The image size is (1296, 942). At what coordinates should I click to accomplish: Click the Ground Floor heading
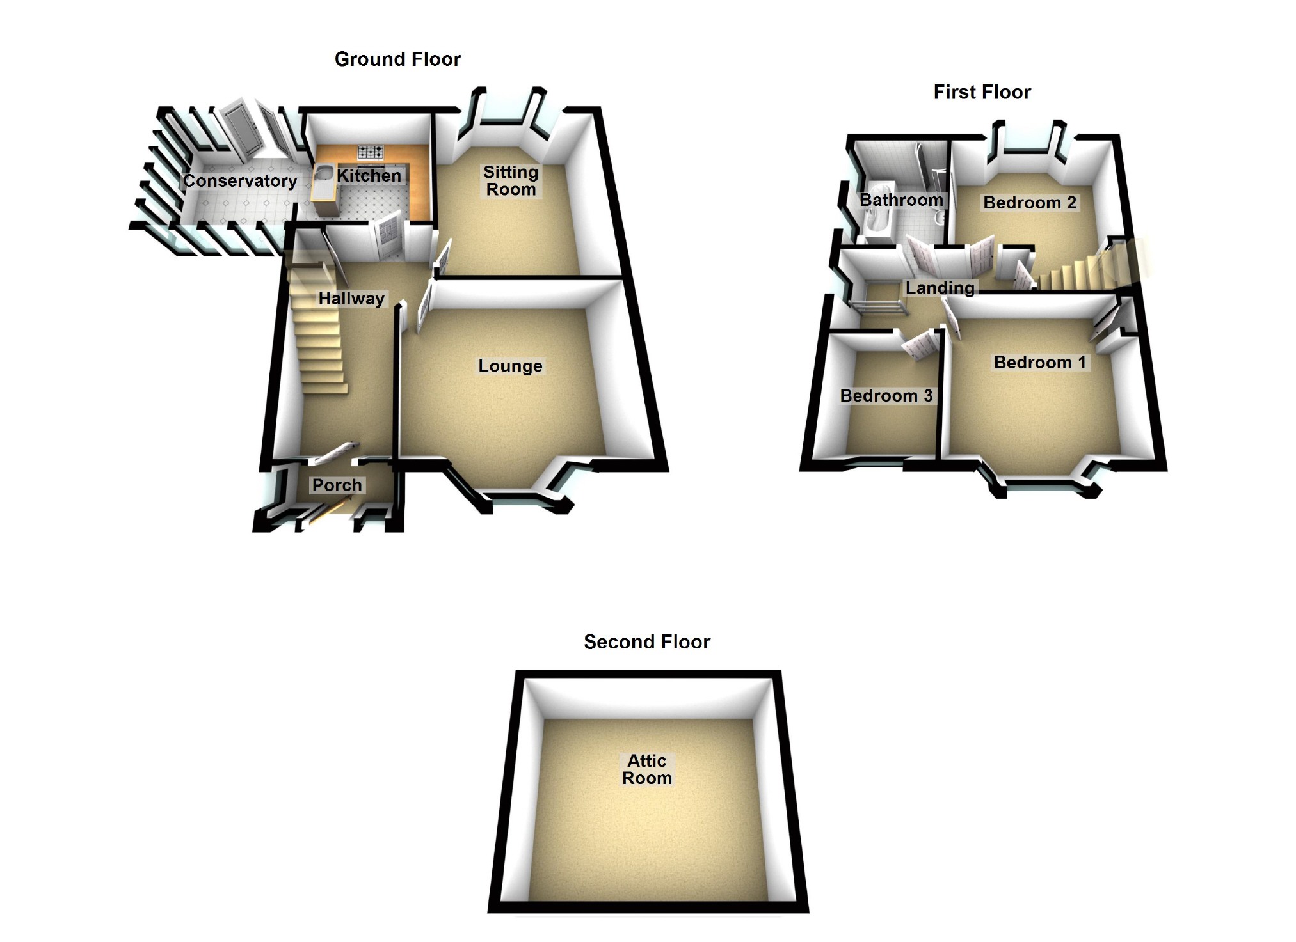[397, 59]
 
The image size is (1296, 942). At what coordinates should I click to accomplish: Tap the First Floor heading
[982, 93]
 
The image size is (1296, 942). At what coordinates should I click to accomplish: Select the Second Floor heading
[646, 642]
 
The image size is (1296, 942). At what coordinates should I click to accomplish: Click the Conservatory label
[240, 181]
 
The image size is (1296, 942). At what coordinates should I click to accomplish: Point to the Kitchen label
[369, 176]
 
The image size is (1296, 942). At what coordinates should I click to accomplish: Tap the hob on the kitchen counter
[370, 152]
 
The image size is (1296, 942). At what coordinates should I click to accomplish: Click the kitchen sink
[324, 173]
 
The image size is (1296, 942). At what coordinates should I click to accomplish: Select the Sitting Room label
[510, 181]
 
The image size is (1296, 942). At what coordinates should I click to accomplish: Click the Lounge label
[510, 366]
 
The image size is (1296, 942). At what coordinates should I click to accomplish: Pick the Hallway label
[351, 299]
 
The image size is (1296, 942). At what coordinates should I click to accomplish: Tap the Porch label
[337, 485]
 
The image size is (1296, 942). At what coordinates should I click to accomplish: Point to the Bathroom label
[900, 200]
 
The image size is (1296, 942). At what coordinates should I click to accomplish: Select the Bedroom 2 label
[1029, 203]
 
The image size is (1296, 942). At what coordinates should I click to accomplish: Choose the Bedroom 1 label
[1039, 363]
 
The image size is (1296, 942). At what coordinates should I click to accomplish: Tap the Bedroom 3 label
[886, 396]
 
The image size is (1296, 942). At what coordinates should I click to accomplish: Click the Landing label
[940, 288]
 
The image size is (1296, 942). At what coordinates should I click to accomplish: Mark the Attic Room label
[646, 769]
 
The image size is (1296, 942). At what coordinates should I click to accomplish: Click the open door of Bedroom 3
[920, 346]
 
